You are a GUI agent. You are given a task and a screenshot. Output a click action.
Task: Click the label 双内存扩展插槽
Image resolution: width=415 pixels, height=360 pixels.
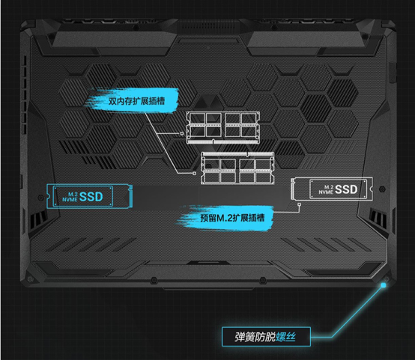click(136, 101)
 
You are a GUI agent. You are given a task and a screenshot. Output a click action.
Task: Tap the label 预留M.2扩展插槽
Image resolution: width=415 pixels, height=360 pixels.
click(232, 218)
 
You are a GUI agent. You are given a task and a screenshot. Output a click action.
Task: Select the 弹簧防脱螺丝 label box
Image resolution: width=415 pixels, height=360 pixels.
click(266, 337)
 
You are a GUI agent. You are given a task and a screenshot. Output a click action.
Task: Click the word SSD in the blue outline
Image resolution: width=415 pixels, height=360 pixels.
click(91, 197)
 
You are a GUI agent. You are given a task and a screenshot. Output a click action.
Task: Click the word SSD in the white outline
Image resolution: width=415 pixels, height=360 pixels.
click(346, 189)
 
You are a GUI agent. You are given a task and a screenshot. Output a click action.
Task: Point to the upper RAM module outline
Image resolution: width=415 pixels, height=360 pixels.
click(222, 128)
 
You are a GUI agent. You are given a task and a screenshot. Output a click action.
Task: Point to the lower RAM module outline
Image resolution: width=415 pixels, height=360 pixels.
click(237, 168)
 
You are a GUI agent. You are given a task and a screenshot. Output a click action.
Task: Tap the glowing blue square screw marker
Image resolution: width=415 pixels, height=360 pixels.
click(384, 285)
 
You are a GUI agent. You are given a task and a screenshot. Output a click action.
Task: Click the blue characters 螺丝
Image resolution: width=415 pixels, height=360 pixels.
click(285, 337)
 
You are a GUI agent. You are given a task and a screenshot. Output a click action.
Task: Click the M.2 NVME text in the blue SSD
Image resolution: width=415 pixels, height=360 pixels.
click(70, 197)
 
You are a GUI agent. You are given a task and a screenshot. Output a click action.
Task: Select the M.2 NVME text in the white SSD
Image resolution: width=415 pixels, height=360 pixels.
click(326, 189)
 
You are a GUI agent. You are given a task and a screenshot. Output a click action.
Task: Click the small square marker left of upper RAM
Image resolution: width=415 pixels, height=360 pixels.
click(182, 133)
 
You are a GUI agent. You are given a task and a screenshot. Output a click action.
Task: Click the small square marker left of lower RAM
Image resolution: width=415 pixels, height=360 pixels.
click(195, 173)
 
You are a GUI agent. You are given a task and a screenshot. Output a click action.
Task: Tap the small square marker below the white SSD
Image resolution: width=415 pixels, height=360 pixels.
click(299, 204)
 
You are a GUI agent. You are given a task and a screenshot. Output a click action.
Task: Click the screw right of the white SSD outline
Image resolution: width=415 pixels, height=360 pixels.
click(382, 189)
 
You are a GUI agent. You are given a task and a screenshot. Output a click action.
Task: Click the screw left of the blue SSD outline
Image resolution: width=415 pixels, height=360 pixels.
click(40, 198)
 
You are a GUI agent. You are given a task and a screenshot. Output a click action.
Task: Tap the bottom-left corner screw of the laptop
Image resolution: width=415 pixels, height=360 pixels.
click(30, 279)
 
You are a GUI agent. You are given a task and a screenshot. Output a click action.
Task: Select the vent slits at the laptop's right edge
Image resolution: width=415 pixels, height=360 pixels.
click(378, 217)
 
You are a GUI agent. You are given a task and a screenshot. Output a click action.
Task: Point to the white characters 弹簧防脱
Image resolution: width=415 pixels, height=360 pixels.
click(255, 337)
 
